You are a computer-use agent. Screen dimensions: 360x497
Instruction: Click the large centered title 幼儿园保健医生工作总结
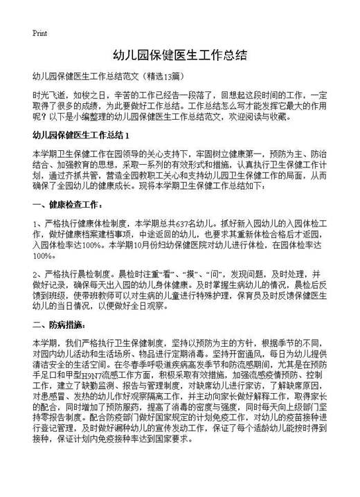pos(179,54)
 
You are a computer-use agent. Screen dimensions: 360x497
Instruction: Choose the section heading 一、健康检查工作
pos(69,205)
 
